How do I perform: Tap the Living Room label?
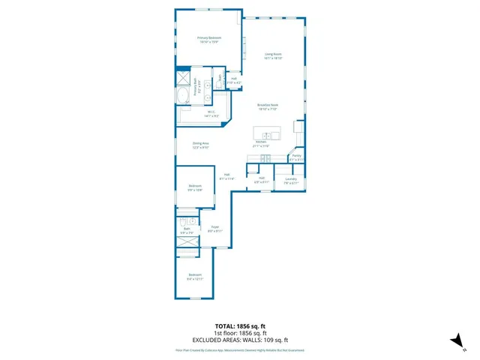pos(272,55)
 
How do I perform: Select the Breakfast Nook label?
pos(268,106)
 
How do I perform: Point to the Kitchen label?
pos(261,143)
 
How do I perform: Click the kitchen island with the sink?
pos(268,134)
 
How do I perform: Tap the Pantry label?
pos(297,157)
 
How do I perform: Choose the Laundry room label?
pos(291,180)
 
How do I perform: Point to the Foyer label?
pos(214,229)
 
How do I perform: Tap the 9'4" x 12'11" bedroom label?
pos(195,277)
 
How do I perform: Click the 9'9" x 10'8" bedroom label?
pos(195,187)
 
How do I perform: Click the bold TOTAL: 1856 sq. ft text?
pos(240,326)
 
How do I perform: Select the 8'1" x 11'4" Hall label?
pos(226,177)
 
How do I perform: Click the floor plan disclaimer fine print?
pos(240,349)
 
